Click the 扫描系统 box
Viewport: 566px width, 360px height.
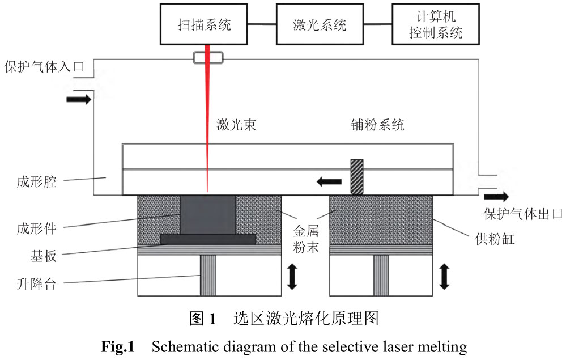(x=206, y=25)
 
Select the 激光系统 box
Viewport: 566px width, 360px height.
(x=319, y=25)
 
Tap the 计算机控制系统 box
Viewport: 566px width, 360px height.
(x=435, y=25)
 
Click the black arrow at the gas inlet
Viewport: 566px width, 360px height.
(x=78, y=99)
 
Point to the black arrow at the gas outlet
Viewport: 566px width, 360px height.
(x=496, y=197)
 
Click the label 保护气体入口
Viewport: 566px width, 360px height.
(x=44, y=67)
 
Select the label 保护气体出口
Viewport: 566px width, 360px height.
(x=522, y=214)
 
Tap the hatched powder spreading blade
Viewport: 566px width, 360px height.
(x=356, y=177)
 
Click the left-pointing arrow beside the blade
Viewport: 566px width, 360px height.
(x=329, y=181)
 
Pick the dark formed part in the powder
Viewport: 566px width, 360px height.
(x=207, y=215)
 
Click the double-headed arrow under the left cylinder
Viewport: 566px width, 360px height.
(x=292, y=277)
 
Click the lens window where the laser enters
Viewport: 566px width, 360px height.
(x=208, y=57)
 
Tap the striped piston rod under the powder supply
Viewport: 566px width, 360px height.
(x=381, y=275)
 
